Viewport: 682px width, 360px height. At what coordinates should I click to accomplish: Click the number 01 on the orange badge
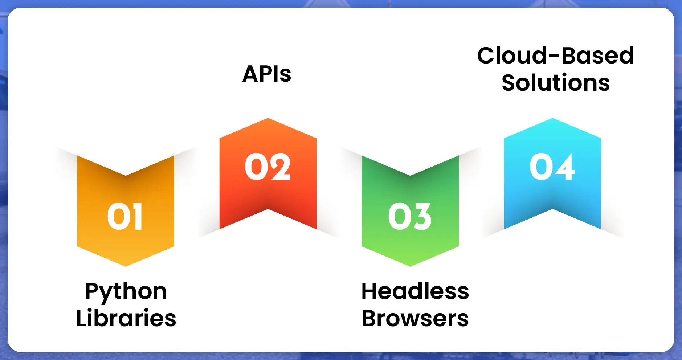pyautogui.click(x=125, y=216)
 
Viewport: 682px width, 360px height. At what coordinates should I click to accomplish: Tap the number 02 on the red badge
pyautogui.click(x=268, y=167)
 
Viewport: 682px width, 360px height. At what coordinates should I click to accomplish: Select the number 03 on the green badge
pyautogui.click(x=410, y=216)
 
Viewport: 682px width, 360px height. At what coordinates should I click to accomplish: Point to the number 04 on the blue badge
pyautogui.click(x=552, y=167)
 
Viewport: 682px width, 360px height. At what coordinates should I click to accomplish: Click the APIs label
pyautogui.click(x=267, y=74)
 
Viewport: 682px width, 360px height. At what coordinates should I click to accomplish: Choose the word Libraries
pyautogui.click(x=126, y=318)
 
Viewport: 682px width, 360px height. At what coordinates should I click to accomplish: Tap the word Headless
pyautogui.click(x=415, y=291)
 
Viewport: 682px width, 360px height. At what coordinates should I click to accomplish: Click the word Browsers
pyautogui.click(x=415, y=318)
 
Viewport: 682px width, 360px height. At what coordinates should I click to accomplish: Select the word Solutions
pyautogui.click(x=556, y=82)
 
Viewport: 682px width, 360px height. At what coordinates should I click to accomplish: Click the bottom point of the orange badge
pyautogui.click(x=126, y=266)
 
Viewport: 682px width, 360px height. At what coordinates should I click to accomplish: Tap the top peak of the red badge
pyautogui.click(x=268, y=118)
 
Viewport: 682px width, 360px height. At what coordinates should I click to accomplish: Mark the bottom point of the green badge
pyautogui.click(x=410, y=266)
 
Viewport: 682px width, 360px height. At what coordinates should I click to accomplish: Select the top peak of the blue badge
pyautogui.click(x=552, y=118)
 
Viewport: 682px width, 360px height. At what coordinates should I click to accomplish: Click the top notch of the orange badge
pyautogui.click(x=126, y=176)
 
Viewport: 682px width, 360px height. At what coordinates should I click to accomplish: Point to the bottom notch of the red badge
pyautogui.click(x=268, y=209)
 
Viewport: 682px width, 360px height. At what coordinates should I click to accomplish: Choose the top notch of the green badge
pyautogui.click(x=410, y=176)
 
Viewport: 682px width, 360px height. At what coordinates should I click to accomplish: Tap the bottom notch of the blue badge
pyautogui.click(x=552, y=209)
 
